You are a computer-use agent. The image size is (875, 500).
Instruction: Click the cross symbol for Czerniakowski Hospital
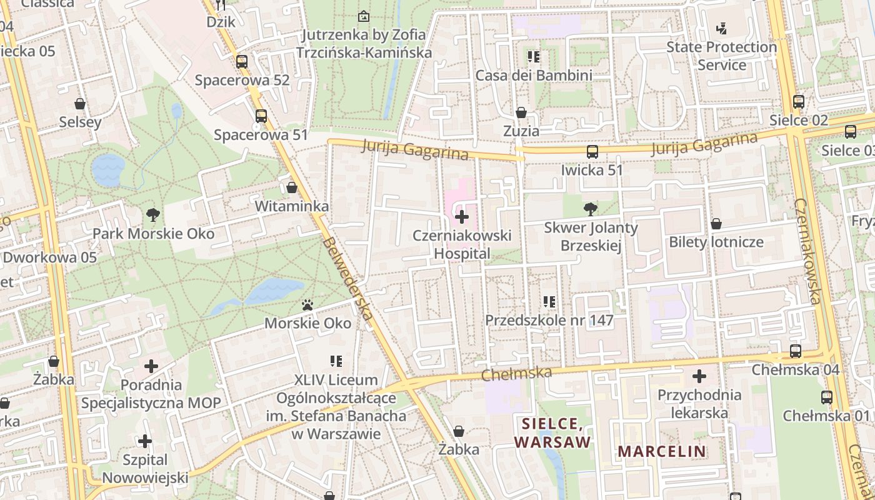(462, 217)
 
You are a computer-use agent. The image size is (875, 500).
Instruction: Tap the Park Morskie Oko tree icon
(152, 215)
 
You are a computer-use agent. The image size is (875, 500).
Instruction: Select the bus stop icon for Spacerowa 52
(242, 62)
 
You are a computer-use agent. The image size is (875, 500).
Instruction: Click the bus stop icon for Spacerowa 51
(261, 116)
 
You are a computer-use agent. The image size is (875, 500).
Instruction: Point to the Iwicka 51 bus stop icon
(592, 151)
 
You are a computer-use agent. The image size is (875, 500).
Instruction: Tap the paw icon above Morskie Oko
(307, 305)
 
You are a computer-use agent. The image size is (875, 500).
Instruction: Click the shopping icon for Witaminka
(292, 187)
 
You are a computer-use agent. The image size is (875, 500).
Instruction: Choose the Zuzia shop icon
(521, 112)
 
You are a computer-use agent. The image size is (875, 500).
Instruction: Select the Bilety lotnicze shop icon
(716, 223)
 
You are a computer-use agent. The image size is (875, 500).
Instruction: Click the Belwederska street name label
(348, 279)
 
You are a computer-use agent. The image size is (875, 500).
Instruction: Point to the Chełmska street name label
(517, 374)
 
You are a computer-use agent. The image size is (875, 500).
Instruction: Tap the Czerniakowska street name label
(807, 251)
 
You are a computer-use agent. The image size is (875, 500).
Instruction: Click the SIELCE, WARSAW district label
(552, 432)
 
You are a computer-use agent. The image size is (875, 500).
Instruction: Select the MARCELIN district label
(662, 451)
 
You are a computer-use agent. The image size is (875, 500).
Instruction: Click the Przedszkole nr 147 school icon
(549, 302)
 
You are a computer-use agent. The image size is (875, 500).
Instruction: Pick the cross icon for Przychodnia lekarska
(699, 376)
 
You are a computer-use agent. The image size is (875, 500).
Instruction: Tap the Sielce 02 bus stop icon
(798, 101)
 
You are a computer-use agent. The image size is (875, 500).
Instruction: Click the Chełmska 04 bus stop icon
(796, 351)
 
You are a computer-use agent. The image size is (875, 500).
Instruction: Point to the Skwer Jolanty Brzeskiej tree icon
(590, 209)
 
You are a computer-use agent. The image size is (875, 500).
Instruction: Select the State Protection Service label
(721, 56)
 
